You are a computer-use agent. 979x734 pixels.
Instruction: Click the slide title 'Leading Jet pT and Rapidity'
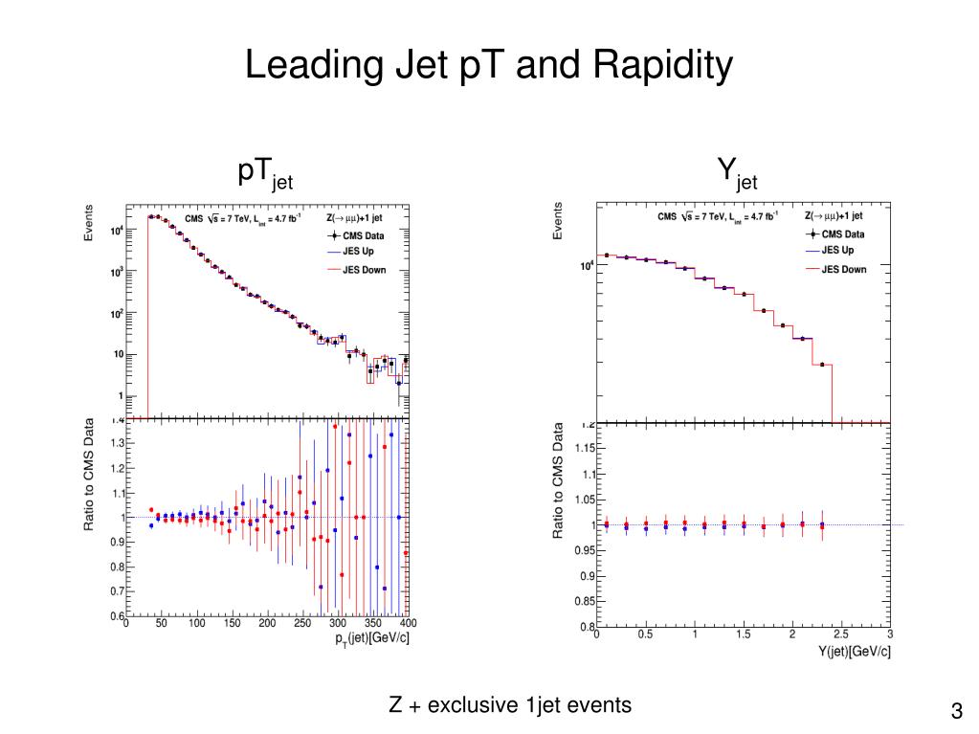pyautogui.click(x=489, y=66)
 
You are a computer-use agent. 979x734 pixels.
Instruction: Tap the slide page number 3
pyautogui.click(x=956, y=711)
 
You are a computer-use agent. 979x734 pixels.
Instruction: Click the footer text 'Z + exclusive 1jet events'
pyautogui.click(x=510, y=705)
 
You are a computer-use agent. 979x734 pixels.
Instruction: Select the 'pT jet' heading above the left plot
pyautogui.click(x=265, y=173)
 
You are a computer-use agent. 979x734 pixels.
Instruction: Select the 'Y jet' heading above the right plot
pyautogui.click(x=737, y=173)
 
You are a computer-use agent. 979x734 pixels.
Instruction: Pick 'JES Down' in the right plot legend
pyautogui.click(x=843, y=269)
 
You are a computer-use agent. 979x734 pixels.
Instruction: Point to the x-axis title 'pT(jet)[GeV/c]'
pyautogui.click(x=372, y=638)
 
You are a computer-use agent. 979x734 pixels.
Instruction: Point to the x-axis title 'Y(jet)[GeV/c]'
pyautogui.click(x=855, y=651)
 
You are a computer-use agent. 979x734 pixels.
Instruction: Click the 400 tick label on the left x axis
pyautogui.click(x=406, y=624)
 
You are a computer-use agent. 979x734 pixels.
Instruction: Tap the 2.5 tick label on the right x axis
pyautogui.click(x=840, y=634)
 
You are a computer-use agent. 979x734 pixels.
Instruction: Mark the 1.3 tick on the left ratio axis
pyautogui.click(x=117, y=443)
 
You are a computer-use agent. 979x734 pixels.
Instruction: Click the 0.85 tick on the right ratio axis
pyautogui.click(x=583, y=602)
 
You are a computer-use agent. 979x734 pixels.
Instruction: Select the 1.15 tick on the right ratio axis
pyautogui.click(x=583, y=448)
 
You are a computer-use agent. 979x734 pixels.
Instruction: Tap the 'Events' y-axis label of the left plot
pyautogui.click(x=89, y=222)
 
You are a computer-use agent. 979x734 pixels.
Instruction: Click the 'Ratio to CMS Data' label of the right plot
pyautogui.click(x=558, y=482)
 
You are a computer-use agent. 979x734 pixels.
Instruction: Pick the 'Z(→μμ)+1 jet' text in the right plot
pyautogui.click(x=834, y=216)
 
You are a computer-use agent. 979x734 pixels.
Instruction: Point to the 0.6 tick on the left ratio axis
pyautogui.click(x=117, y=615)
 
